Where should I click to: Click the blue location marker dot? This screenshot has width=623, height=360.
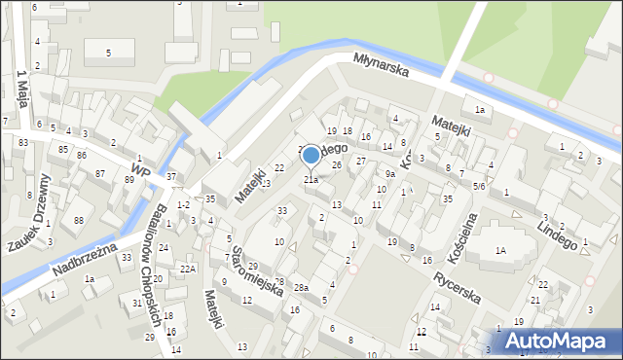pos(311,154)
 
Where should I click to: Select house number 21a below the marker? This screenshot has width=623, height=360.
pos(311,179)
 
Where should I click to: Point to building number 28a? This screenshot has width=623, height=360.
pos(302,288)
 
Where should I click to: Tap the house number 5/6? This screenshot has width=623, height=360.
pos(479,185)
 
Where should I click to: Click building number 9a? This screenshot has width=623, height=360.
pos(389,174)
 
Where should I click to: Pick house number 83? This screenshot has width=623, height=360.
pos(22,143)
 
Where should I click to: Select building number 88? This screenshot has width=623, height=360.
pos(78,221)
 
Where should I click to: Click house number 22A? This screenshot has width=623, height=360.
pos(187,268)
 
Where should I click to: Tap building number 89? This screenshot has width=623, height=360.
pos(129,180)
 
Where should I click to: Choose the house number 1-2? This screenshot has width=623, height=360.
pos(183,204)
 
